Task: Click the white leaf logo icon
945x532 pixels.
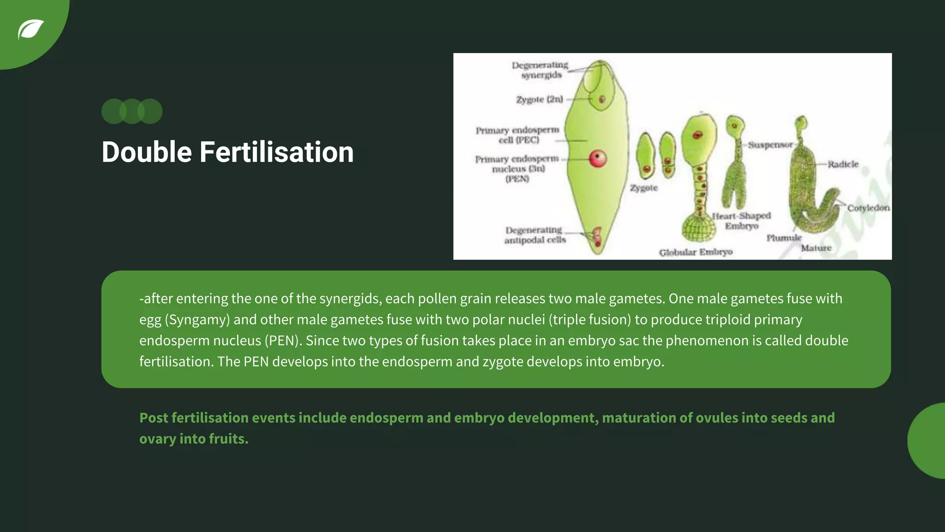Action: click(x=30, y=30)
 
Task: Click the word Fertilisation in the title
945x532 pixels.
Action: click(x=276, y=152)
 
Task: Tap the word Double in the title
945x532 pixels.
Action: click(x=147, y=152)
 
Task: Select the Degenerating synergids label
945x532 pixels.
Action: click(x=540, y=70)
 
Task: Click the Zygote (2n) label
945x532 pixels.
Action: click(x=539, y=100)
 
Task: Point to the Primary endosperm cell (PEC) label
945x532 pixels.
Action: click(x=518, y=135)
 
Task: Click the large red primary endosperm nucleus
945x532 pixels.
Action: click(x=598, y=159)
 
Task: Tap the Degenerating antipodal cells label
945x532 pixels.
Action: click(x=535, y=235)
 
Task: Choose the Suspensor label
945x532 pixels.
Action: click(x=770, y=145)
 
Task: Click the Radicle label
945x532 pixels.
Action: click(x=843, y=164)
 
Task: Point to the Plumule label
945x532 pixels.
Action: click(x=784, y=238)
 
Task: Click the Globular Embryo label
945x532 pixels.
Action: click(x=696, y=252)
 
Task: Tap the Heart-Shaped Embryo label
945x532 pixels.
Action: click(x=742, y=221)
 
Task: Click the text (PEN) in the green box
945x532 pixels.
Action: click(x=282, y=341)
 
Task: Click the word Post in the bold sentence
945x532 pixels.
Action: click(x=153, y=418)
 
